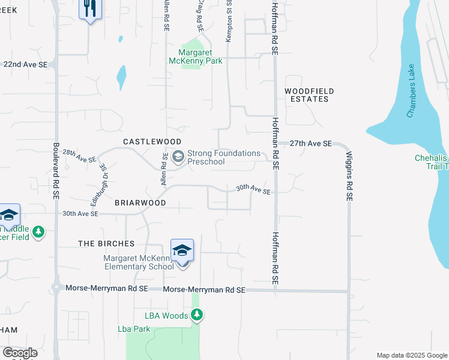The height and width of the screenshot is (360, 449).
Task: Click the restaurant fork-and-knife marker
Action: coord(91,9)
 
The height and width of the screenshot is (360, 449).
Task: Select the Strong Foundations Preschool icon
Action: coord(178,157)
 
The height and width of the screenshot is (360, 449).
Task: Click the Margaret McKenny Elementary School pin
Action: coord(182,251)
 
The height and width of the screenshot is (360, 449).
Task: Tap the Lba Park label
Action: coord(133,329)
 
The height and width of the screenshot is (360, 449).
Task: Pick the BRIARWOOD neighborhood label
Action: coord(140,203)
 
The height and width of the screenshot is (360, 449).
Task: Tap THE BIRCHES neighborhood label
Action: coord(106,244)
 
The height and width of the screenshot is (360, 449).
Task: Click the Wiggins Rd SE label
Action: coord(349,175)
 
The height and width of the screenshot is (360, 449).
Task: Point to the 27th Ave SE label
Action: coord(310,144)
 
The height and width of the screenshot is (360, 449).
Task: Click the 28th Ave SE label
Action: coord(79,157)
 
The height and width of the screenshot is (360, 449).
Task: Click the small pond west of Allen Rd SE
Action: coord(122,76)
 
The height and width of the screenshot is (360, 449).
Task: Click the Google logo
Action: coord(20,353)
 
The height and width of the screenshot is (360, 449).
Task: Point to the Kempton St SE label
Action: coord(229,21)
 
